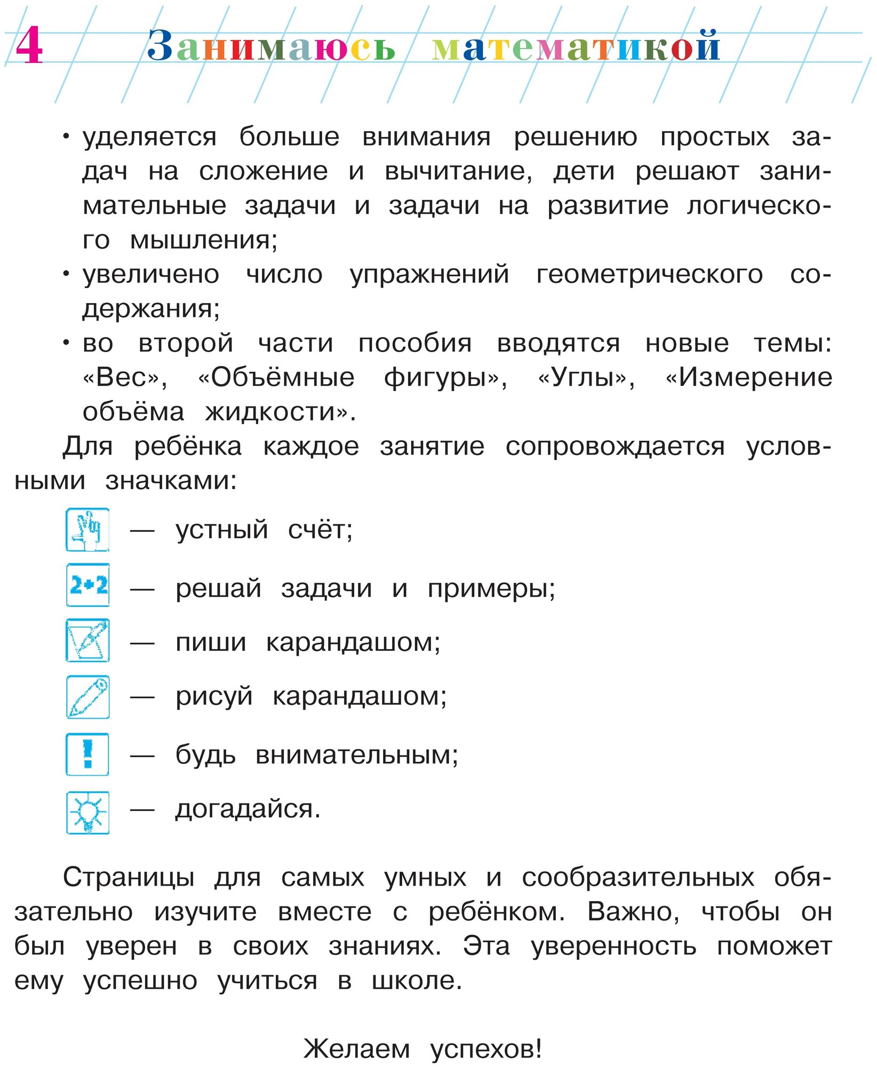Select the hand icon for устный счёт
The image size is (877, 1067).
(x=88, y=530)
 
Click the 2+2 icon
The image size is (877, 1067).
(x=88, y=585)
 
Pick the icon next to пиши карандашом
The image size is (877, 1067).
(x=88, y=640)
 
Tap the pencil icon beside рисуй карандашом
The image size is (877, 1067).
(x=88, y=697)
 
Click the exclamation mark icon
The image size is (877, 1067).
(x=88, y=754)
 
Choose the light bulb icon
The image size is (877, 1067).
(x=88, y=812)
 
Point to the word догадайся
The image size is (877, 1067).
(x=248, y=809)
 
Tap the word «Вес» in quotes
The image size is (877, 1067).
(x=125, y=378)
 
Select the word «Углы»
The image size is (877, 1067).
(x=586, y=378)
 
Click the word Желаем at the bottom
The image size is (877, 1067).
(x=356, y=1049)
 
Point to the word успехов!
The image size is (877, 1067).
(x=486, y=1049)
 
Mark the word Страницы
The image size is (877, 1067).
(x=128, y=878)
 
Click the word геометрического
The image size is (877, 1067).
(x=649, y=275)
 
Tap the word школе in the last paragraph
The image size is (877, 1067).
(x=417, y=981)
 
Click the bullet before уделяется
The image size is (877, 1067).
(x=66, y=137)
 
